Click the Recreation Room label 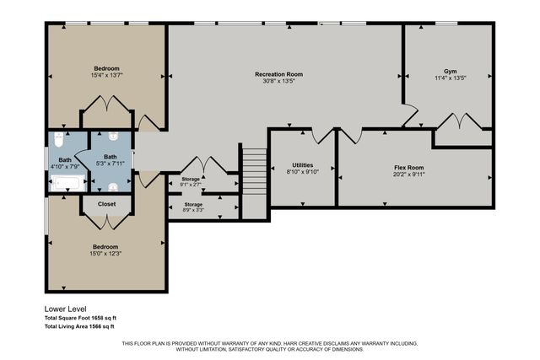click(278, 74)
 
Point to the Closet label click(106, 204)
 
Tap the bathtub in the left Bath click(64, 185)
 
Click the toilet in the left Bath click(58, 136)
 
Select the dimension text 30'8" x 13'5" click(278, 82)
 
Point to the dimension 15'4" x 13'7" click(106, 75)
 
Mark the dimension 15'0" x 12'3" click(106, 254)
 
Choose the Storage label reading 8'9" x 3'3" click(193, 210)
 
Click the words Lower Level click(66, 309)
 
